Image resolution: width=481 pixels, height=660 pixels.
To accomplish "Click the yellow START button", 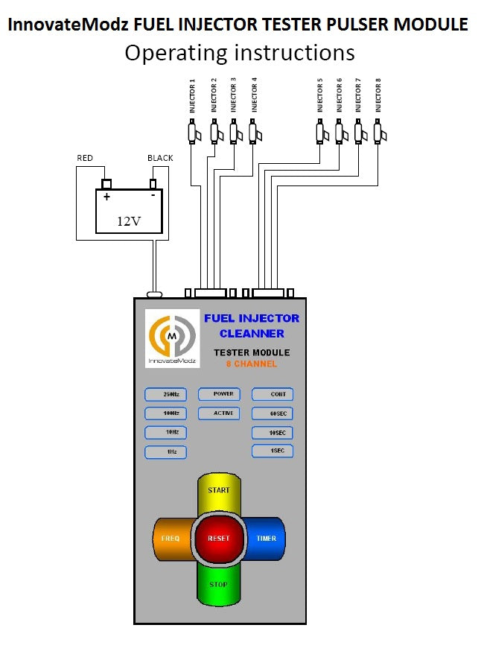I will (219, 489).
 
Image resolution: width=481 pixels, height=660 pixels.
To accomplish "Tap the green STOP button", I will (218, 585).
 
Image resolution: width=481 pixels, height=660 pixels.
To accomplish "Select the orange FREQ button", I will (171, 538).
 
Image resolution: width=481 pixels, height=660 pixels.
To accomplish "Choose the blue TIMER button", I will (267, 538).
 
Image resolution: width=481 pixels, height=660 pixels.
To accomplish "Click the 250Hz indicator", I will (165, 394).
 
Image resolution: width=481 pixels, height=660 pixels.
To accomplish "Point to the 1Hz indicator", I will (165, 452).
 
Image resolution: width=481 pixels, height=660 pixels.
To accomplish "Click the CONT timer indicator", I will (273, 394).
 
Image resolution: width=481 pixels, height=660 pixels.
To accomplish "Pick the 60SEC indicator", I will (273, 413).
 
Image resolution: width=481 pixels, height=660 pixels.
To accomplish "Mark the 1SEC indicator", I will (273, 451).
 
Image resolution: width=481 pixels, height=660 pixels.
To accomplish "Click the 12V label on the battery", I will (128, 220).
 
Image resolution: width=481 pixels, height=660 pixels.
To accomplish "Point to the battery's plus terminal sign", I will (106, 197).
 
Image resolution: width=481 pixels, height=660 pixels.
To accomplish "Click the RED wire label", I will (86, 158).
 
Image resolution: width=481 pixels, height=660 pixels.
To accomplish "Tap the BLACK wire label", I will (160, 158).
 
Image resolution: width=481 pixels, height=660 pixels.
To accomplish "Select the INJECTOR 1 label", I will (192, 96).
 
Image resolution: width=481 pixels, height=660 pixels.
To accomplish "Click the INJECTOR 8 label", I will (378, 96).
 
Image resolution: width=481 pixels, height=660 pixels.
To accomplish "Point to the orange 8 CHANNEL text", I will (252, 364).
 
